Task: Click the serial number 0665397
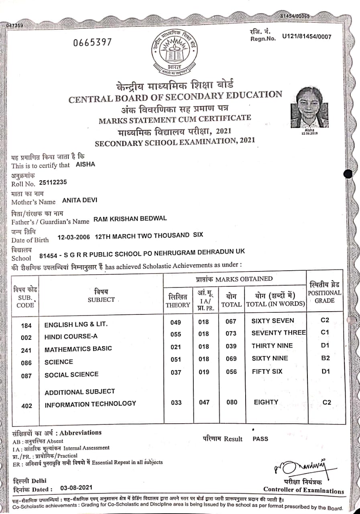[92, 42]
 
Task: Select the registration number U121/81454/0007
[307, 37]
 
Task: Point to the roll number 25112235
[53, 182]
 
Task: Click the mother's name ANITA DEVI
[80, 200]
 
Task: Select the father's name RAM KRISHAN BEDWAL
[130, 218]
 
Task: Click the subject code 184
[26, 325]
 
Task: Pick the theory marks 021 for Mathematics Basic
[176, 347]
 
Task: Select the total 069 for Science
[231, 359]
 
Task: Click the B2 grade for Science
[326, 358]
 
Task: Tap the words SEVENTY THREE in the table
[279, 333]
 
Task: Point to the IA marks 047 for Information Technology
[204, 402]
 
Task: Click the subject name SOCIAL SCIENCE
[71, 374]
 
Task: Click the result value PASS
[260, 439]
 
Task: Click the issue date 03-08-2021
[76, 487]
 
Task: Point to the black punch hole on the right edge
[348, 173]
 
